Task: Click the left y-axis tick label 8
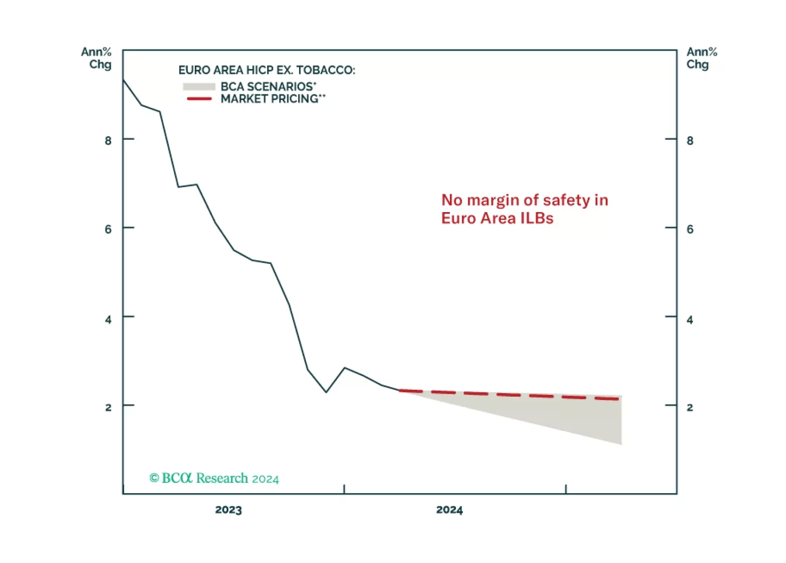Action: pos(108,141)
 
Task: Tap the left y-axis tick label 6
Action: pos(108,229)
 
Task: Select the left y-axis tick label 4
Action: pos(108,320)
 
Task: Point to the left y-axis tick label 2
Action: pos(108,407)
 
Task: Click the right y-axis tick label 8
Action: pos(690,141)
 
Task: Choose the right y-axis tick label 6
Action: pos(690,229)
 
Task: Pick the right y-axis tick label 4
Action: pos(690,320)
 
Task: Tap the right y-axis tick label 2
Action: pos(690,407)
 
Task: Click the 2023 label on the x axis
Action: pos(228,510)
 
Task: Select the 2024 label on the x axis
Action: pos(449,510)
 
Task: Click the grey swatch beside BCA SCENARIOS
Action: pos(199,87)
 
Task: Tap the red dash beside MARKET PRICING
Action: pos(199,99)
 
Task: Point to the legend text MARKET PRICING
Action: pos(270,99)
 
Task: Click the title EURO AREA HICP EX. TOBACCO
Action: pos(267,70)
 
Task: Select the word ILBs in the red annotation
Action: pos(537,218)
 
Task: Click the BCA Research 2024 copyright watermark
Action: pos(214,478)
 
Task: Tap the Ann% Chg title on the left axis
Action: pos(97,58)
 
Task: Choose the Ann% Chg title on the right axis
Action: pos(701,58)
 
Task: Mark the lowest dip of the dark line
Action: pos(326,392)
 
